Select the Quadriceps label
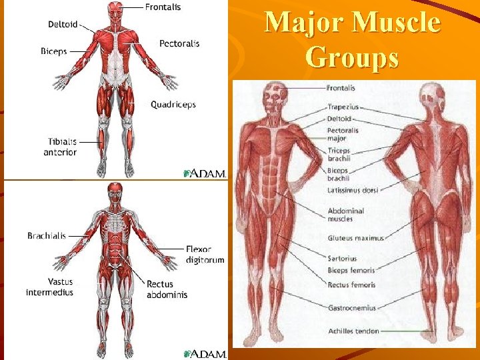(x=173, y=104)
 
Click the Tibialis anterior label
(x=61, y=147)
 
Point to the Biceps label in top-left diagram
(x=53, y=51)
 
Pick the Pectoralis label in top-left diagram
(x=179, y=43)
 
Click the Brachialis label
(x=47, y=235)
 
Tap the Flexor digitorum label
(x=205, y=255)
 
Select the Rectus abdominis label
(x=167, y=289)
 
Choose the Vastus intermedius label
(x=50, y=287)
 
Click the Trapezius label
(x=343, y=107)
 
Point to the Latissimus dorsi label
(x=353, y=190)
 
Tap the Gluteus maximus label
(x=355, y=238)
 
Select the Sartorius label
(x=342, y=259)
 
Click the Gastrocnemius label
(x=351, y=308)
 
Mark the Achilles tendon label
(x=353, y=331)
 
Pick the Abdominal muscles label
(x=345, y=215)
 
